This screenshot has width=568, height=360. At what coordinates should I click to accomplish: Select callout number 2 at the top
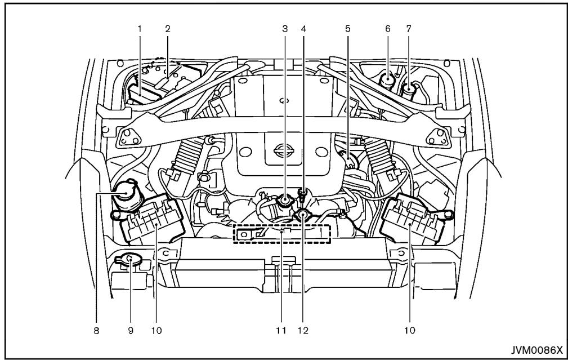pos(167,26)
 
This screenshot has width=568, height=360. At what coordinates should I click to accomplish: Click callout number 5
pos(348,26)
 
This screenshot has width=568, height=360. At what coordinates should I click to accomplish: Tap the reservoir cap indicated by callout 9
pos(128,259)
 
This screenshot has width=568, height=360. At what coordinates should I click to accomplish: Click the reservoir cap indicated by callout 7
pos(409,87)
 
